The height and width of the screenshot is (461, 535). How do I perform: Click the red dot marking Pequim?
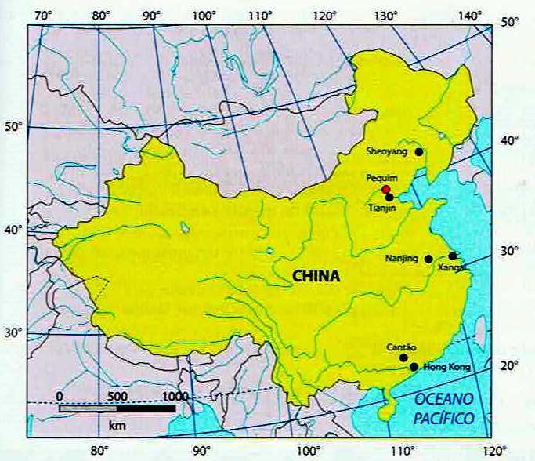(x=385, y=190)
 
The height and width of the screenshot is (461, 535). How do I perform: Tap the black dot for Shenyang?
(x=419, y=152)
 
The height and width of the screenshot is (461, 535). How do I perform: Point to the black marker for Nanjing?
(x=428, y=259)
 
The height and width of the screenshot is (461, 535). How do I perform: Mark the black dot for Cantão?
(x=403, y=358)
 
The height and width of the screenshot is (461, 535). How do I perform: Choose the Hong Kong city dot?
(x=414, y=366)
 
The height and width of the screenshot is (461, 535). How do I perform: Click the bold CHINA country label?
(x=316, y=276)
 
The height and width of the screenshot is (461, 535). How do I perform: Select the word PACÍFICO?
(x=446, y=419)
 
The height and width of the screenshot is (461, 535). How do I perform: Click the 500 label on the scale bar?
(x=117, y=397)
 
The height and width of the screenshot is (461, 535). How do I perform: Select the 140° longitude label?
(x=471, y=15)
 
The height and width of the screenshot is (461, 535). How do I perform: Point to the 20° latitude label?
(x=509, y=366)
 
